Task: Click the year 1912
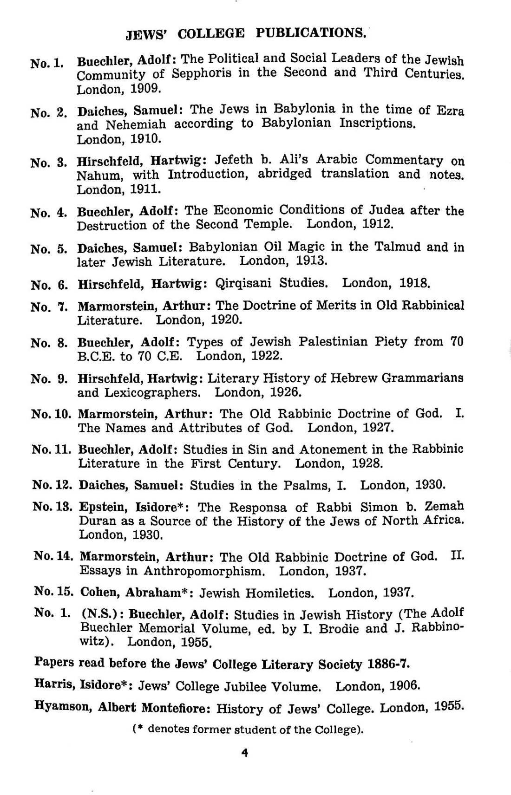tap(378, 224)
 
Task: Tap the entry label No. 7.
tap(49, 307)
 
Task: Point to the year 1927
tap(378, 427)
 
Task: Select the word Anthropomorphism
tap(204, 571)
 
